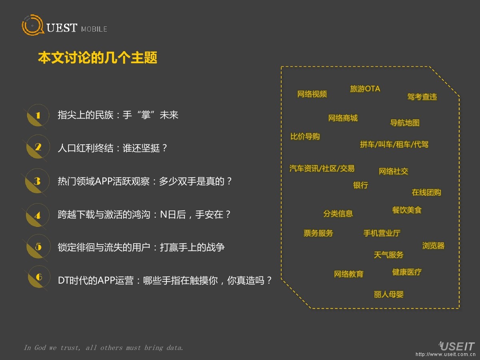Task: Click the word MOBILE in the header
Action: [94, 29]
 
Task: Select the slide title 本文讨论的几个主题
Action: [98, 58]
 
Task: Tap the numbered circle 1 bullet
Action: [38, 116]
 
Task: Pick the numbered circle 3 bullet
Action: [38, 182]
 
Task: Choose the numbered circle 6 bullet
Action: [38, 277]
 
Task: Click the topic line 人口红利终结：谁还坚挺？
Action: [112, 148]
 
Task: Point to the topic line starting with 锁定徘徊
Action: [141, 247]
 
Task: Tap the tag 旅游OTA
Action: [365, 89]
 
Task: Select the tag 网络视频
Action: [312, 94]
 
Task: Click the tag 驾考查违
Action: [422, 97]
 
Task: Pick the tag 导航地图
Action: [405, 123]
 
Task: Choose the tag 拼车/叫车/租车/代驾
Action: [394, 144]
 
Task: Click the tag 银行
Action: [360, 185]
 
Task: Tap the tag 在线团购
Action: [426, 192]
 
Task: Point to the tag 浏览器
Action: [433, 246]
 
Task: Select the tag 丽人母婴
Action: [389, 294]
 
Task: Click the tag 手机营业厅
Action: [382, 233]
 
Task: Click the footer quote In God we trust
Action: [104, 348]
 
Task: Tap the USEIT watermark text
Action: [457, 346]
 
